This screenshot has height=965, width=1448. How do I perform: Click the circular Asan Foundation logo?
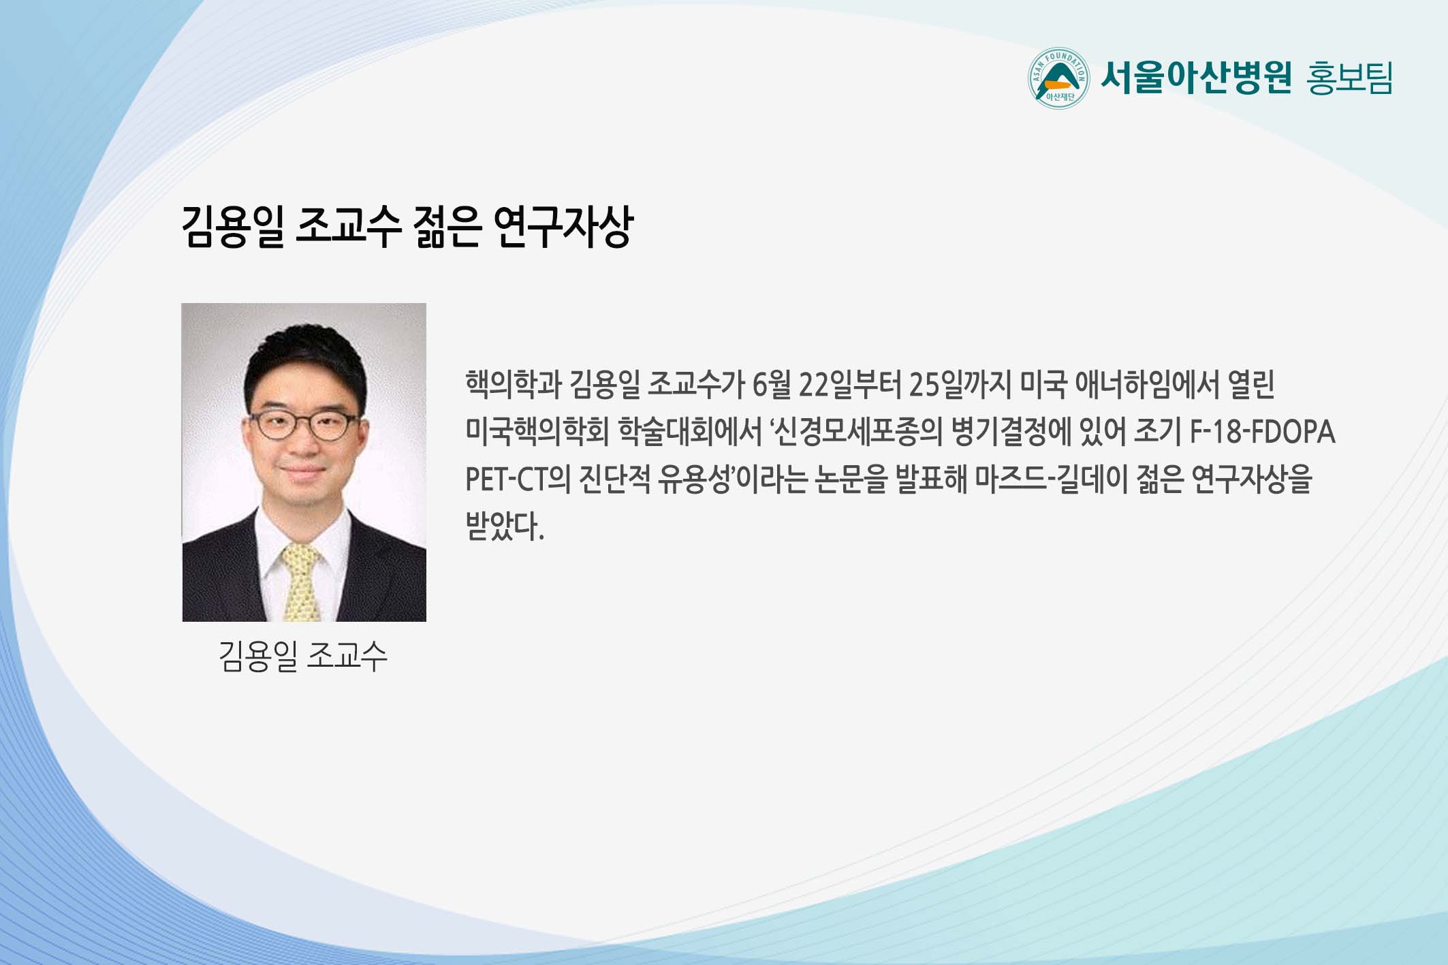click(1058, 78)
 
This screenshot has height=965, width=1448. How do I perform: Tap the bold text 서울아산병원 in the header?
click(1196, 78)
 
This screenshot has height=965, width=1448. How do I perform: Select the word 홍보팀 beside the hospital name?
click(1349, 78)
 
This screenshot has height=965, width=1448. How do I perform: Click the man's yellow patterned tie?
click(301, 582)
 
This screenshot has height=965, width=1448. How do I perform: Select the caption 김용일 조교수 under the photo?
click(303, 656)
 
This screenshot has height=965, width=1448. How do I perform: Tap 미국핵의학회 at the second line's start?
click(537, 432)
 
